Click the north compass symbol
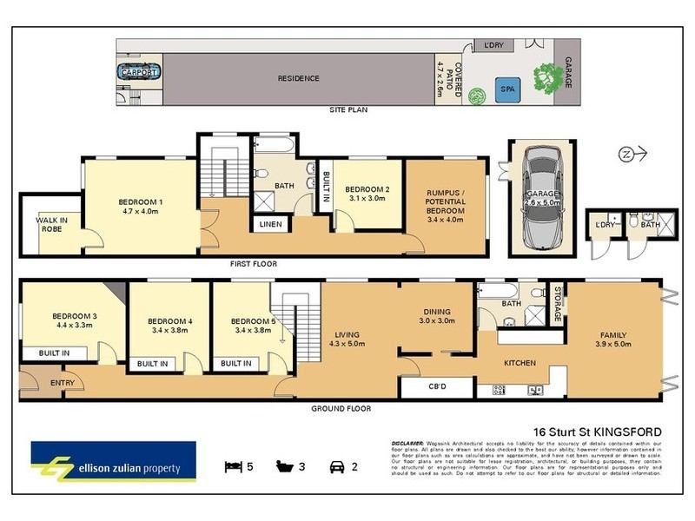631,155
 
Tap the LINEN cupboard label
268,225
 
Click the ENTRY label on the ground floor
63,381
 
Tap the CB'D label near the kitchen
438,386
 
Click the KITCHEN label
520,362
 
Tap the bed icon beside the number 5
232,466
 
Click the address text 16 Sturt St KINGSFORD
598,432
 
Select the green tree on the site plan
546,80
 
